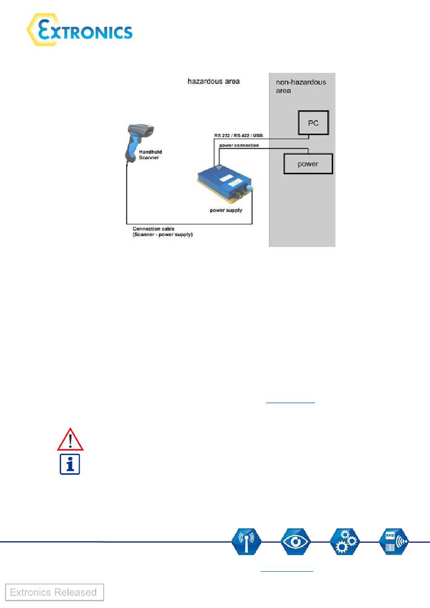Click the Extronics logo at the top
[80, 30]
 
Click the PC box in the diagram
[313, 123]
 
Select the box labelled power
[308, 164]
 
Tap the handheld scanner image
[139, 140]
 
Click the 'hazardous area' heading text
[213, 81]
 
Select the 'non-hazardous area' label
[301, 86]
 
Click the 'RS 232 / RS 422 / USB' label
[239, 135]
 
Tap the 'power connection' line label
[239, 145]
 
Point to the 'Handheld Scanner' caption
[150, 155]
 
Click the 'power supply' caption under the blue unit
[226, 210]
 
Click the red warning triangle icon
[70, 439]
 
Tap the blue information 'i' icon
[70, 464]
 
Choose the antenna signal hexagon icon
[246, 541]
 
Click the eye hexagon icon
[296, 541]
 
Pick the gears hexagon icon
[344, 541]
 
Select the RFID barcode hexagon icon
[393, 541]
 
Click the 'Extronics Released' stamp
[54, 592]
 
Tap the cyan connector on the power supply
[249, 188]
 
